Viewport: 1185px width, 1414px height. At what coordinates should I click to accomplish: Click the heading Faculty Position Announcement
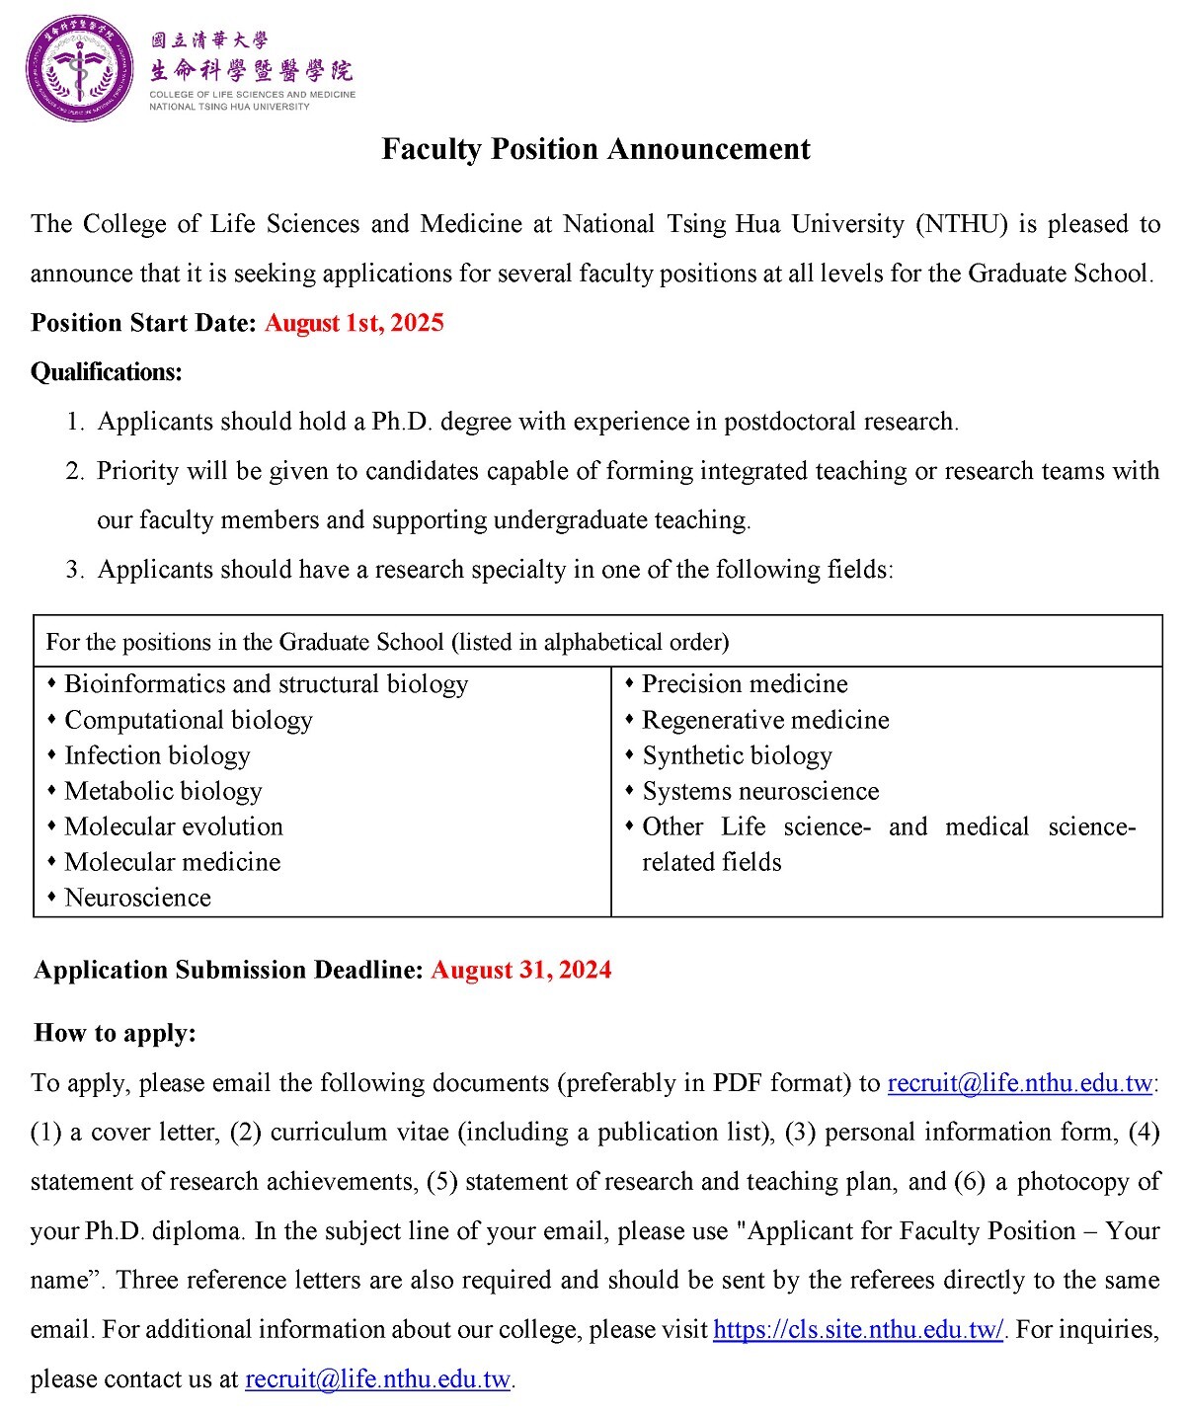595,149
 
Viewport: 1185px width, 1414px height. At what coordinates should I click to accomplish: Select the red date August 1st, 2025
354,323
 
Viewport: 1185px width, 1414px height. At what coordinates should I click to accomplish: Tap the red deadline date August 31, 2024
520,970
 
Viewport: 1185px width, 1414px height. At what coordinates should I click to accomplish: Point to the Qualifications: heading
107,372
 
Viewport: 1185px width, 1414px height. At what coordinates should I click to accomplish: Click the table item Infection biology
157,756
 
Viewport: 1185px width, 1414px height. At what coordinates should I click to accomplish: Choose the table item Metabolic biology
163,792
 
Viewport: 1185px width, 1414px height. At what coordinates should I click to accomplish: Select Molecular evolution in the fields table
174,827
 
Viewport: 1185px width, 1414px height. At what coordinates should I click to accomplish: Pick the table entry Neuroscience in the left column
137,899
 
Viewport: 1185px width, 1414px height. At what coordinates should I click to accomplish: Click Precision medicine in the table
745,684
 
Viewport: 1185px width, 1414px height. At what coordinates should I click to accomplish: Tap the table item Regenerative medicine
765,721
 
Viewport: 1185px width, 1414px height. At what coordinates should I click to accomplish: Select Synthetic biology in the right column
737,756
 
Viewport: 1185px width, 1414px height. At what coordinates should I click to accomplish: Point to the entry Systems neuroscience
760,792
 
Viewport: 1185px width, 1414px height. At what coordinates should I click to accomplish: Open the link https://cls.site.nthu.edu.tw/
857,1330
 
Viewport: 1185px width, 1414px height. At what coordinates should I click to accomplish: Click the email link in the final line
377,1379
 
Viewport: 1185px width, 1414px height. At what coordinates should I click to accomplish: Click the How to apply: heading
116,1033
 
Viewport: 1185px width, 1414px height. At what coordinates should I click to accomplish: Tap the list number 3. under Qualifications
75,570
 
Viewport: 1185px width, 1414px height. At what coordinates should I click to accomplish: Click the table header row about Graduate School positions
387,643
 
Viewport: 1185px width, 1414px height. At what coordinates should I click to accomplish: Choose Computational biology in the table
188,721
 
